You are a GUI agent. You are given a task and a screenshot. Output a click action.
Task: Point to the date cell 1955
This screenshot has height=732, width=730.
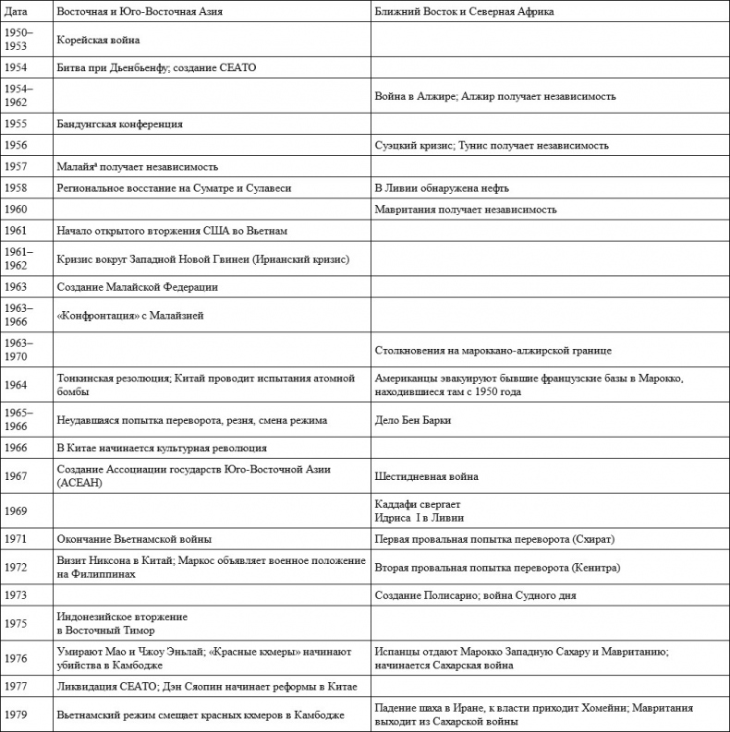[x=15, y=124]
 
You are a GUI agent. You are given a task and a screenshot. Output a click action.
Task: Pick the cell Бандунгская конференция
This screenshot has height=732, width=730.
[x=119, y=124]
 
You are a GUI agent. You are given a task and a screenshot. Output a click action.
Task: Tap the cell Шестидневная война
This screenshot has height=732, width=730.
[x=426, y=476]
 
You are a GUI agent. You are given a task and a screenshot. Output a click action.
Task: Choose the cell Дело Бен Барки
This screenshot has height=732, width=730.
[x=412, y=420]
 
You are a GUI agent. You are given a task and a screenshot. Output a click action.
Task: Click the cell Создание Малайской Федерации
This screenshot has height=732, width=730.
[x=137, y=287]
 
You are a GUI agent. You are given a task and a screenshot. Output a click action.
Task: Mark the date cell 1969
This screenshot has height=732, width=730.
[x=15, y=510]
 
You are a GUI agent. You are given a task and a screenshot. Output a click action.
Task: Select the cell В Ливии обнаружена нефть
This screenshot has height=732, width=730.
[x=442, y=188]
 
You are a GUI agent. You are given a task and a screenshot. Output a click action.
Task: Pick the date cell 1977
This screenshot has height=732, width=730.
[x=15, y=687]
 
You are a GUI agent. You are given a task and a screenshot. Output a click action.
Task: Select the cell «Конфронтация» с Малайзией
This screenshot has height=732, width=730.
[x=129, y=315]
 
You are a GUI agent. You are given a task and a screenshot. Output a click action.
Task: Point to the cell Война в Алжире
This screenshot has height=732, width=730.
[x=494, y=96]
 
